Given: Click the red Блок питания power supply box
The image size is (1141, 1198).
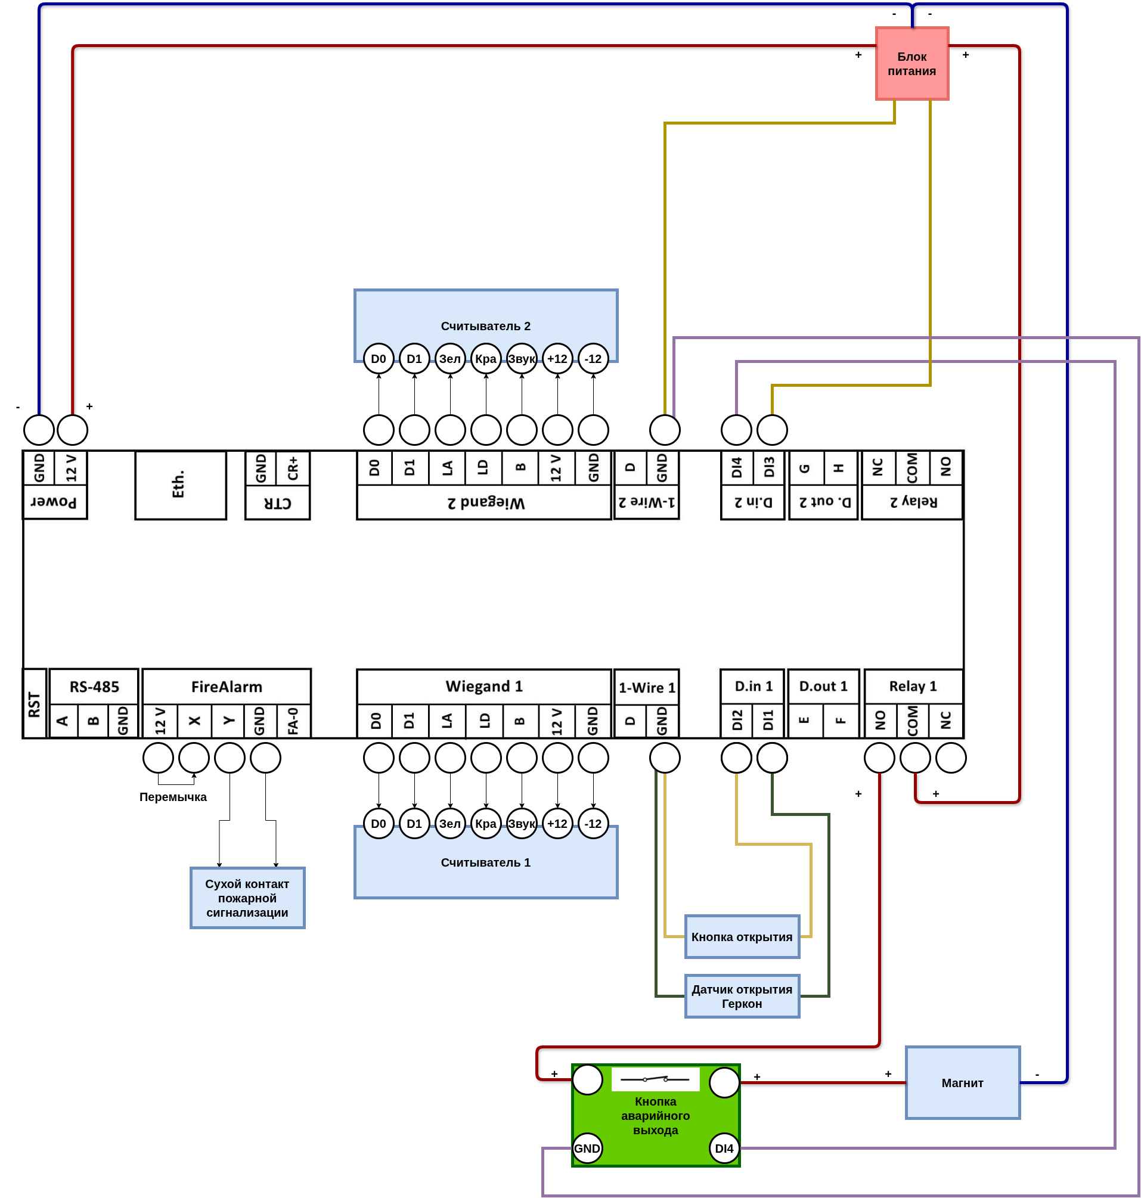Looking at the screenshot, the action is click(911, 63).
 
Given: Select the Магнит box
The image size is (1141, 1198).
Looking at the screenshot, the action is click(962, 1082).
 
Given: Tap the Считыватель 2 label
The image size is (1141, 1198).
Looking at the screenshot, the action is click(485, 326).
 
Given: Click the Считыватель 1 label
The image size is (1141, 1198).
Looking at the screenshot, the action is click(485, 862).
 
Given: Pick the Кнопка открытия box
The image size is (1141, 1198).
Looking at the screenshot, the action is click(742, 936).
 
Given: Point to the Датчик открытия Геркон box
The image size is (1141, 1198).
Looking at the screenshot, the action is click(742, 996).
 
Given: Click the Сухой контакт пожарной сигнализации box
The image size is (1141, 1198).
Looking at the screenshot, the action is click(247, 898).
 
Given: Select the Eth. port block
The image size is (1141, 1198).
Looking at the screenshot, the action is click(181, 485).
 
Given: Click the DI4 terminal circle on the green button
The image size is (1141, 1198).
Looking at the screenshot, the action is click(724, 1148).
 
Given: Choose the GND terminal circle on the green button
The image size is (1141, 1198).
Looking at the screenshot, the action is click(588, 1148).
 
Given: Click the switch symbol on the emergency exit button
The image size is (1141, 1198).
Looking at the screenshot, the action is click(655, 1079).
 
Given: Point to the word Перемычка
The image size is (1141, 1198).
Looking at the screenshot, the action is click(173, 797).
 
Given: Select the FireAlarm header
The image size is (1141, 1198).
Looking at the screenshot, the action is click(227, 687).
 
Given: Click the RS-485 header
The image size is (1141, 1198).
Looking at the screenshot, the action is click(94, 687).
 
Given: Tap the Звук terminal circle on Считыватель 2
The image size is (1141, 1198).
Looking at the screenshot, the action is click(522, 359).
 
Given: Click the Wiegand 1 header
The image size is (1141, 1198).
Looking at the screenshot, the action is click(484, 687).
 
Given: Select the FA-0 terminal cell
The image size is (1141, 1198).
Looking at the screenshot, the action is click(293, 721).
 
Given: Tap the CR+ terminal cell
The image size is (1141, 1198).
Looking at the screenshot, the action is click(293, 468).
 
